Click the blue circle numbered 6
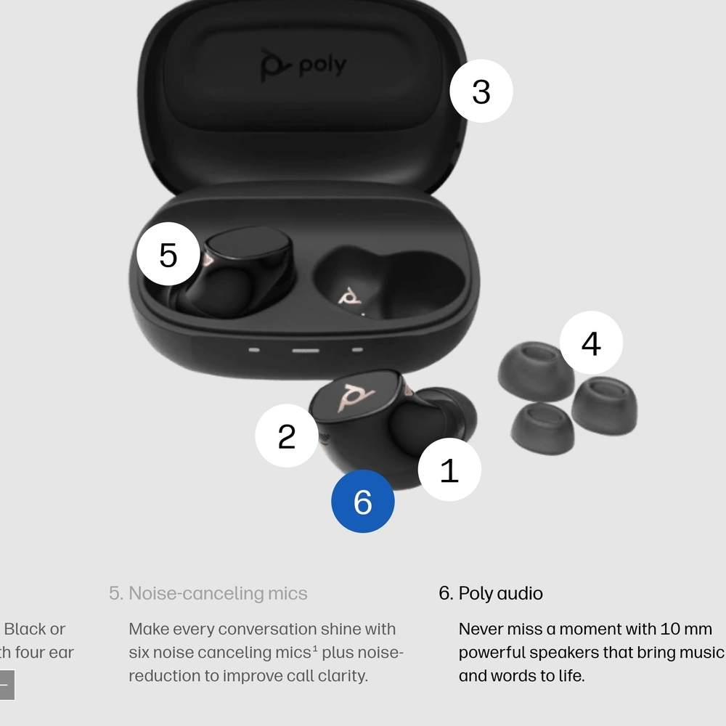coord(363,501)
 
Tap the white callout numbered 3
coord(481,91)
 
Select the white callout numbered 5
coord(168,254)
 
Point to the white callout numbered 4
coord(591,343)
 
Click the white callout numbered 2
coord(287,436)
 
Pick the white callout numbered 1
coord(449,470)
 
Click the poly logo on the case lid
coord(303,65)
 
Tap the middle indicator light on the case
coord(305,350)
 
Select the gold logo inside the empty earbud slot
coord(351,297)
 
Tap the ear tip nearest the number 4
coord(536,370)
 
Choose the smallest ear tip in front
coord(542,426)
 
